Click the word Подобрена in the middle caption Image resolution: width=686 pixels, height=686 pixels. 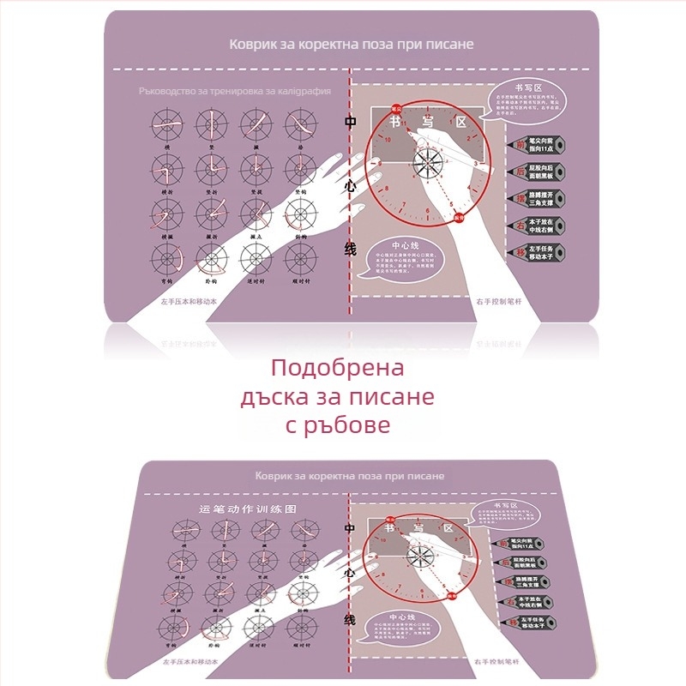click(x=337, y=370)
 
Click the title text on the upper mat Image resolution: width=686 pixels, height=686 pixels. click(x=351, y=43)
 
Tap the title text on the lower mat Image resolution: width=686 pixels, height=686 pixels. click(x=349, y=475)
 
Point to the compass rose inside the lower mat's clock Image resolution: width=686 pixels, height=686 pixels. click(x=421, y=556)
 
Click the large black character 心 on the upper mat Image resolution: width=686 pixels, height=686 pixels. click(x=350, y=184)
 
